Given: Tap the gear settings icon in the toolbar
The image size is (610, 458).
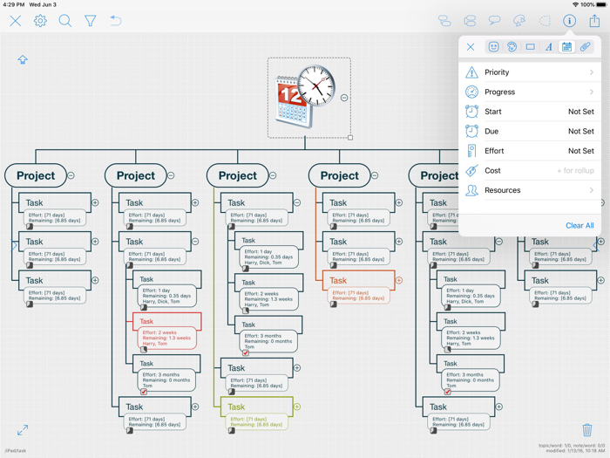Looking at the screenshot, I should tap(40, 21).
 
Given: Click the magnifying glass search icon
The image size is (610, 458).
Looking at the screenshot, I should tap(65, 21).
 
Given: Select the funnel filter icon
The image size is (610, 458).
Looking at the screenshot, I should tap(90, 21).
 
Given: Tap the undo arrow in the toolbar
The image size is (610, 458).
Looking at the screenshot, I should tap(115, 21).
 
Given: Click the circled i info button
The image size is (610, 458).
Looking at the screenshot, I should tap(569, 21).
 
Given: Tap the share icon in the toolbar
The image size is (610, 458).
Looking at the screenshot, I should tap(594, 21).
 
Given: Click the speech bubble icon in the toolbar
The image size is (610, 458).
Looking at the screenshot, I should tap(494, 21).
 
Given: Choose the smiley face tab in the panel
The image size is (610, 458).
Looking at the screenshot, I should tap(493, 47).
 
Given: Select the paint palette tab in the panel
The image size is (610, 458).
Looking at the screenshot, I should tap(512, 47).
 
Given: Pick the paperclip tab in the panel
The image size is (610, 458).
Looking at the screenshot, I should tap(585, 47).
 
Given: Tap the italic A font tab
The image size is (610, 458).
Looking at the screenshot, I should tap(548, 47).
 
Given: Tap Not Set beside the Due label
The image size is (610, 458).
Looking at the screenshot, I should tap(580, 131).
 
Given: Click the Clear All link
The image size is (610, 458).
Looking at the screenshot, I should tap(579, 225).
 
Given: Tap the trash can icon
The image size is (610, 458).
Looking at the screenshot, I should tap(587, 430).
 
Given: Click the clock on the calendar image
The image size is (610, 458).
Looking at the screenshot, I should tap(315, 85).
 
